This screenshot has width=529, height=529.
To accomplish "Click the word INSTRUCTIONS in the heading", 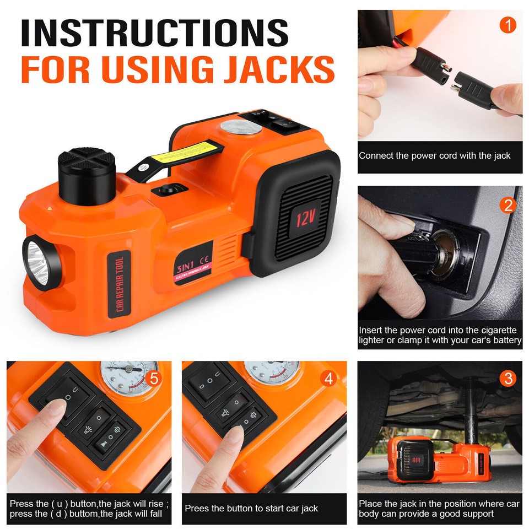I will point(155,34).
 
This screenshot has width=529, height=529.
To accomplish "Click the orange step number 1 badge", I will point(507,25).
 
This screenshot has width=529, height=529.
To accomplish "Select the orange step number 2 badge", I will point(507,205).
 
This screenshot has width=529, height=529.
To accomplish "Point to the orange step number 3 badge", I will point(507,378).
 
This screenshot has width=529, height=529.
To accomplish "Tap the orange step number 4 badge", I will point(329,378).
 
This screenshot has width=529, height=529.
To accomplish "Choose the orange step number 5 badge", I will point(154,378).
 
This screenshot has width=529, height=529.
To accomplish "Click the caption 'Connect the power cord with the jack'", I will point(434,156).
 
